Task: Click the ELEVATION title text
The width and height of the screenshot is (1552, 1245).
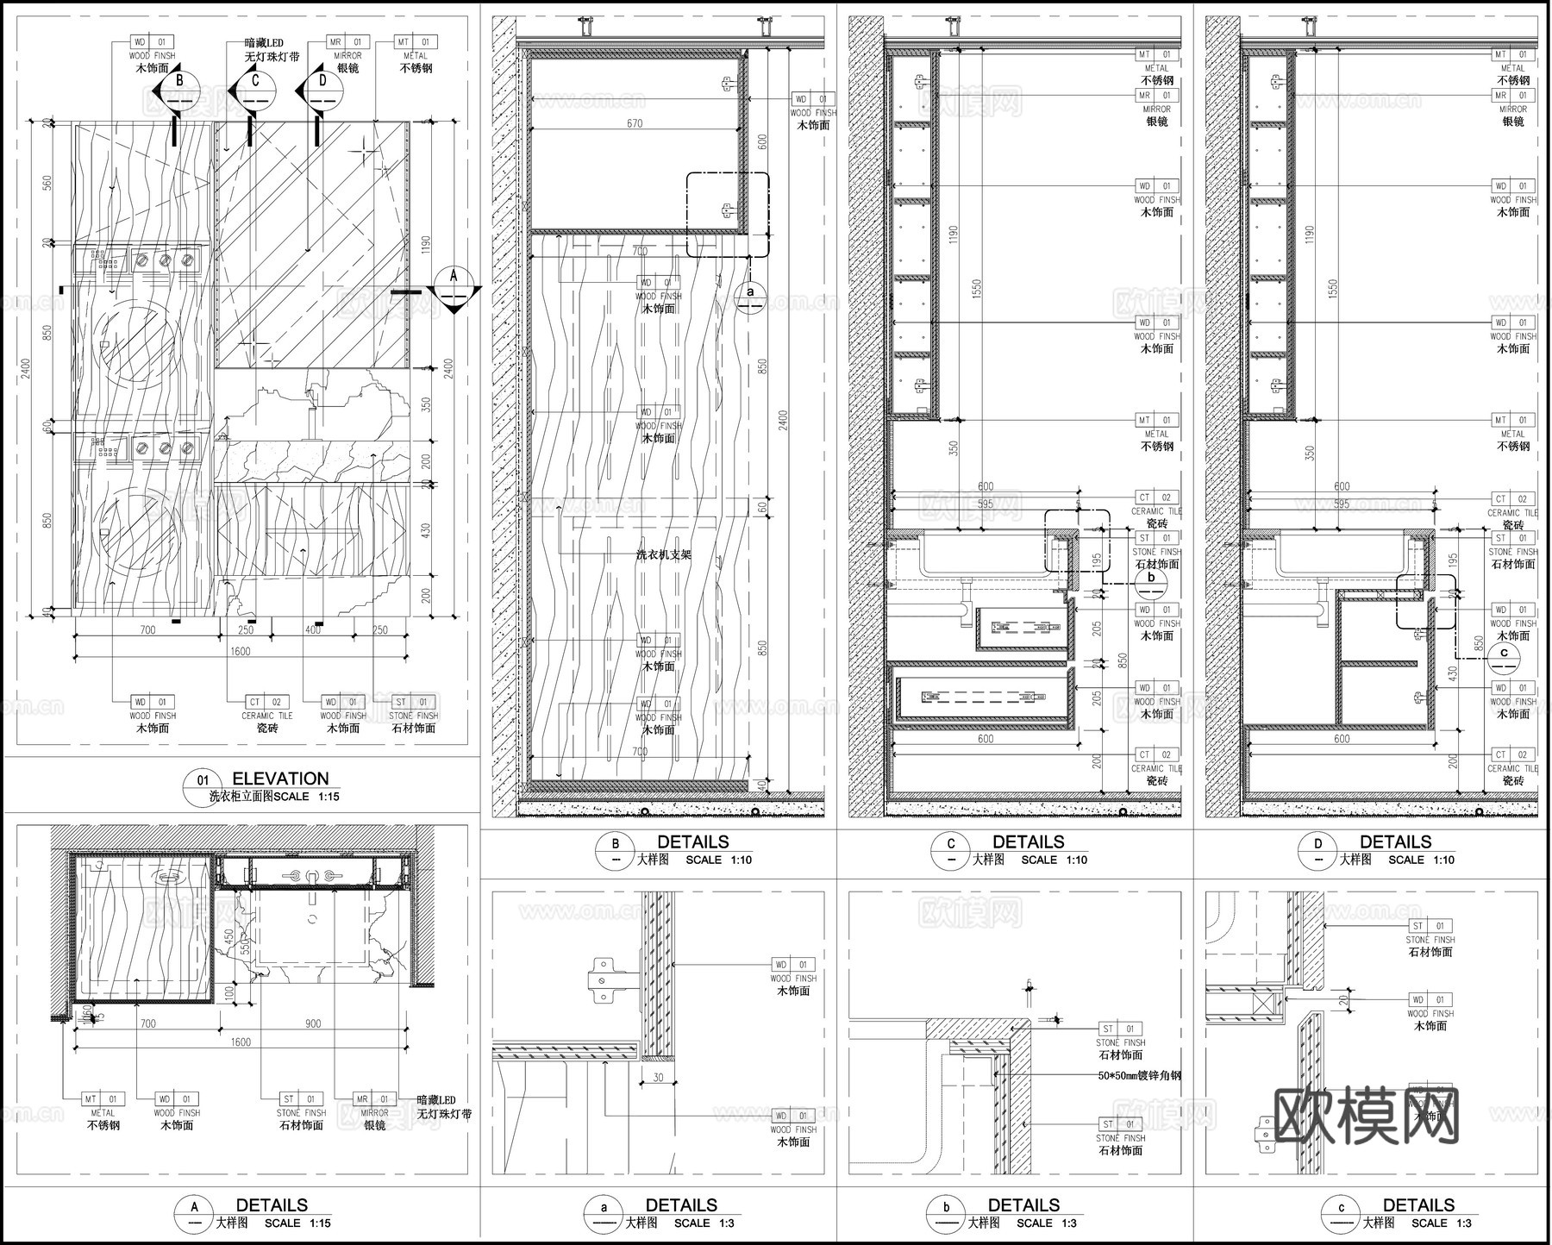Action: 280,779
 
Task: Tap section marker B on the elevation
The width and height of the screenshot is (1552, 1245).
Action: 178,89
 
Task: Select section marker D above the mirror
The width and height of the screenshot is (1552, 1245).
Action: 322,89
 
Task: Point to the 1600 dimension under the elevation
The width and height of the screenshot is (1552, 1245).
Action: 240,651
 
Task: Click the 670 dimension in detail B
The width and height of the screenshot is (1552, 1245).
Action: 635,123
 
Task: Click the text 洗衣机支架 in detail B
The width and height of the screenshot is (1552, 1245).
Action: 663,555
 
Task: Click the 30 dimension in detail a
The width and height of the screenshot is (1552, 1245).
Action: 658,1078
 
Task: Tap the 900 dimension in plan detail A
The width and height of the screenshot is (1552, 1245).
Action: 312,1023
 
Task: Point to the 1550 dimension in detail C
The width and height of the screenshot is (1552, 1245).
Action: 975,289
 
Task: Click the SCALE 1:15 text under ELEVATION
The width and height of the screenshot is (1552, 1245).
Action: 306,797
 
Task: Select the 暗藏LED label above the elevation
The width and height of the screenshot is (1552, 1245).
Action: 263,43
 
